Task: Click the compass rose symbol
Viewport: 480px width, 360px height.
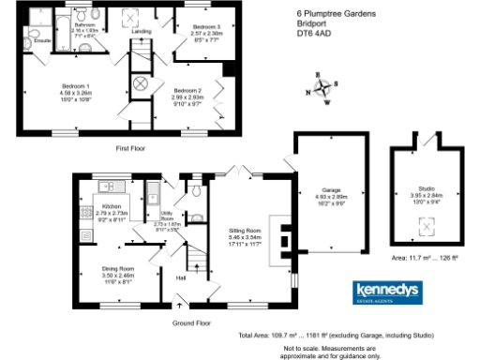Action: (323, 90)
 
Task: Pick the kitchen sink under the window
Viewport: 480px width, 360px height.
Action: (107, 185)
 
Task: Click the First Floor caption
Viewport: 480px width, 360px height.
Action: (134, 147)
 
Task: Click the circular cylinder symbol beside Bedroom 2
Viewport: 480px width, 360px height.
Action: (142, 83)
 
